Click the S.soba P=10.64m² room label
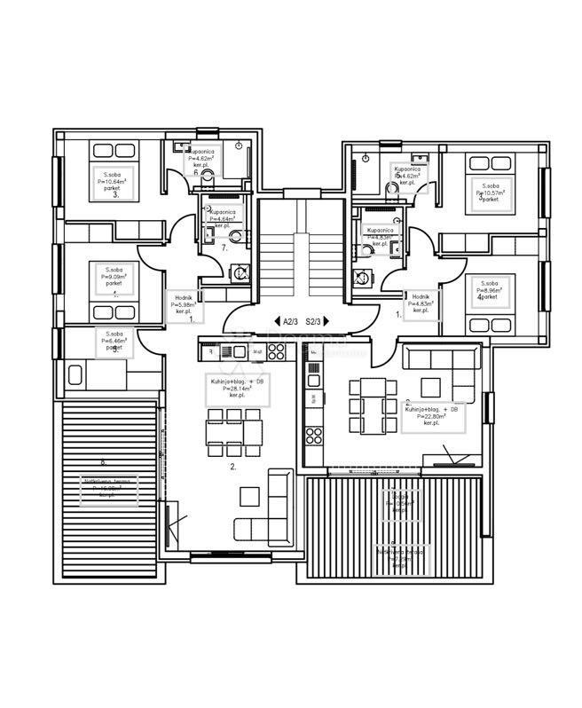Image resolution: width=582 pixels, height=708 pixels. click(114, 182)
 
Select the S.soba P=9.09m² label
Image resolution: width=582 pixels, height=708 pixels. click(114, 277)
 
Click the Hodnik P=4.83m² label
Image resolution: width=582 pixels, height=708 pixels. click(421, 303)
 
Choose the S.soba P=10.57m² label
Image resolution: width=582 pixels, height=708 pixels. click(489, 191)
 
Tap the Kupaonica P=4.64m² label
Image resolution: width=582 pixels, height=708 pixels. click(222, 218)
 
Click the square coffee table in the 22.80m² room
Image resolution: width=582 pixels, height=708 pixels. click(431, 388)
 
